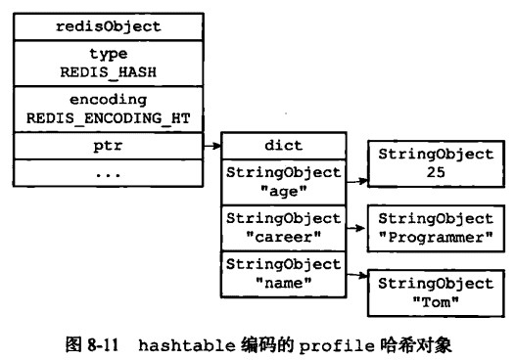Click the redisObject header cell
[x=109, y=26]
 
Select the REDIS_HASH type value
[x=109, y=71]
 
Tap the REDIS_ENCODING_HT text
[x=109, y=118]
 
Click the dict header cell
[x=284, y=146]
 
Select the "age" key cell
[x=284, y=181]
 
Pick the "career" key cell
[x=284, y=227]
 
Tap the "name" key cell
[x=284, y=273]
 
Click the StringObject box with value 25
[x=436, y=162]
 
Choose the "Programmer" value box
[x=436, y=229]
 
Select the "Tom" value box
[x=436, y=292]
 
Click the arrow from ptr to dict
[x=212, y=146]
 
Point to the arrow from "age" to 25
[x=355, y=180]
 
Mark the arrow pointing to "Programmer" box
[x=355, y=228]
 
